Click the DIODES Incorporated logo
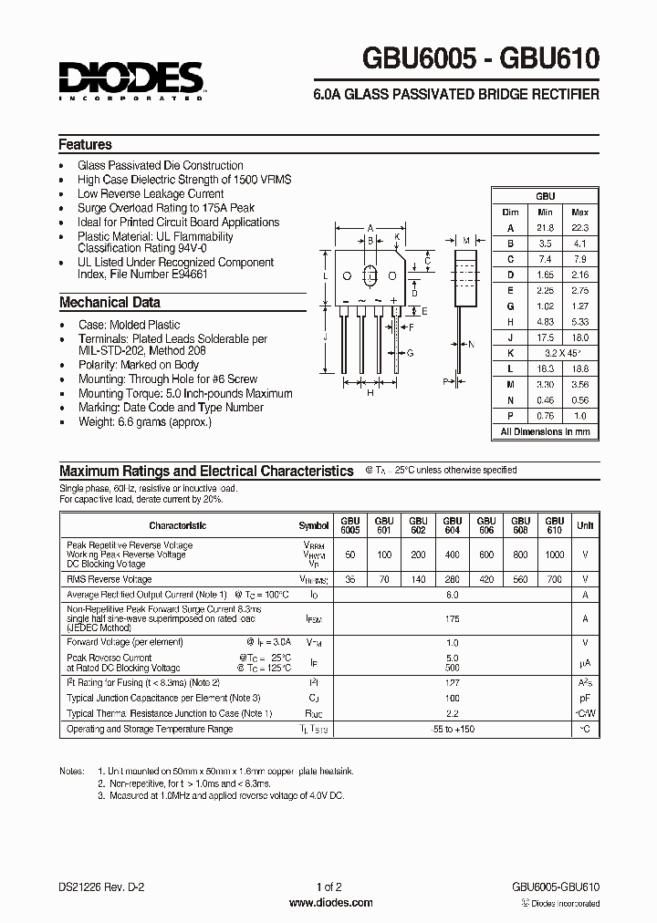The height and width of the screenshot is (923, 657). (x=130, y=79)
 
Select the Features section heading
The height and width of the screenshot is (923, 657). (x=85, y=145)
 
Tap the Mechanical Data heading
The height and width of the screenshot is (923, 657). (x=109, y=303)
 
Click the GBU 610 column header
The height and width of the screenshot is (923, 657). (x=554, y=525)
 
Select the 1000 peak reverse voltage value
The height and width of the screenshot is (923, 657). (x=554, y=555)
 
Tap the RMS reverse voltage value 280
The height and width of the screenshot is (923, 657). (x=452, y=579)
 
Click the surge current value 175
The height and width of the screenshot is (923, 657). (x=452, y=617)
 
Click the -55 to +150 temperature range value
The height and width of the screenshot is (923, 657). (x=452, y=729)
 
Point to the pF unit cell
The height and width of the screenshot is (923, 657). (x=585, y=698)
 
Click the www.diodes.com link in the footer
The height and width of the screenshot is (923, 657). (x=330, y=903)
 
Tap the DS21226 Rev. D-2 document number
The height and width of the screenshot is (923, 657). (x=99, y=887)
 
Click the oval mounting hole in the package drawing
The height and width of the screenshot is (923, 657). (x=371, y=275)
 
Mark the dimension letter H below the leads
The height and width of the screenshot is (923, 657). (x=370, y=393)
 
